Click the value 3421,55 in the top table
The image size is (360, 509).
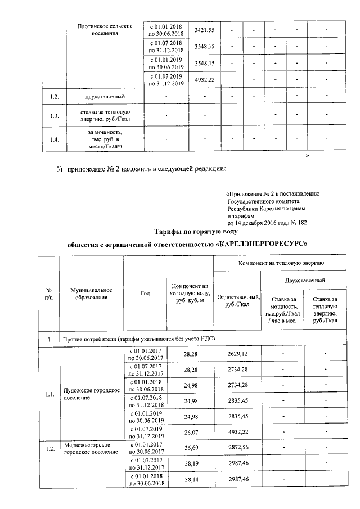(204, 29)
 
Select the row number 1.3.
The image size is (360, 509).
(54, 116)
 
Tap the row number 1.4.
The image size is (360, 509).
(54, 140)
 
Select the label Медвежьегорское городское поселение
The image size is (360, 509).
(90, 448)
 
